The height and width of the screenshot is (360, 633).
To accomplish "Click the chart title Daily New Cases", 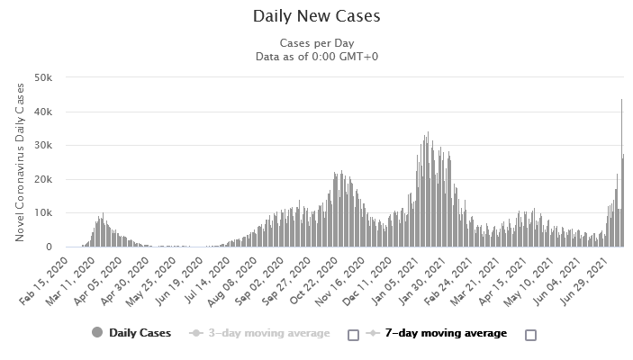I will pyautogui.click(x=316, y=16).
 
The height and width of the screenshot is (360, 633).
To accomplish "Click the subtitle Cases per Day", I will pyautogui.click(x=316, y=43).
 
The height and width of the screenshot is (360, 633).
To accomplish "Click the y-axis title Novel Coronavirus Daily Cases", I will pyautogui.click(x=20, y=163).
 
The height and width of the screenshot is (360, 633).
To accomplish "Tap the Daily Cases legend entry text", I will pyautogui.click(x=140, y=333).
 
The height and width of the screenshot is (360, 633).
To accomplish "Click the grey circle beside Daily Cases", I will pyautogui.click(x=97, y=333).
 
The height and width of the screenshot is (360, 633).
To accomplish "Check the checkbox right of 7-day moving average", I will pyautogui.click(x=530, y=334).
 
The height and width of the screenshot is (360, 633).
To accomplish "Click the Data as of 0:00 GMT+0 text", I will pyautogui.click(x=316, y=57).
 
